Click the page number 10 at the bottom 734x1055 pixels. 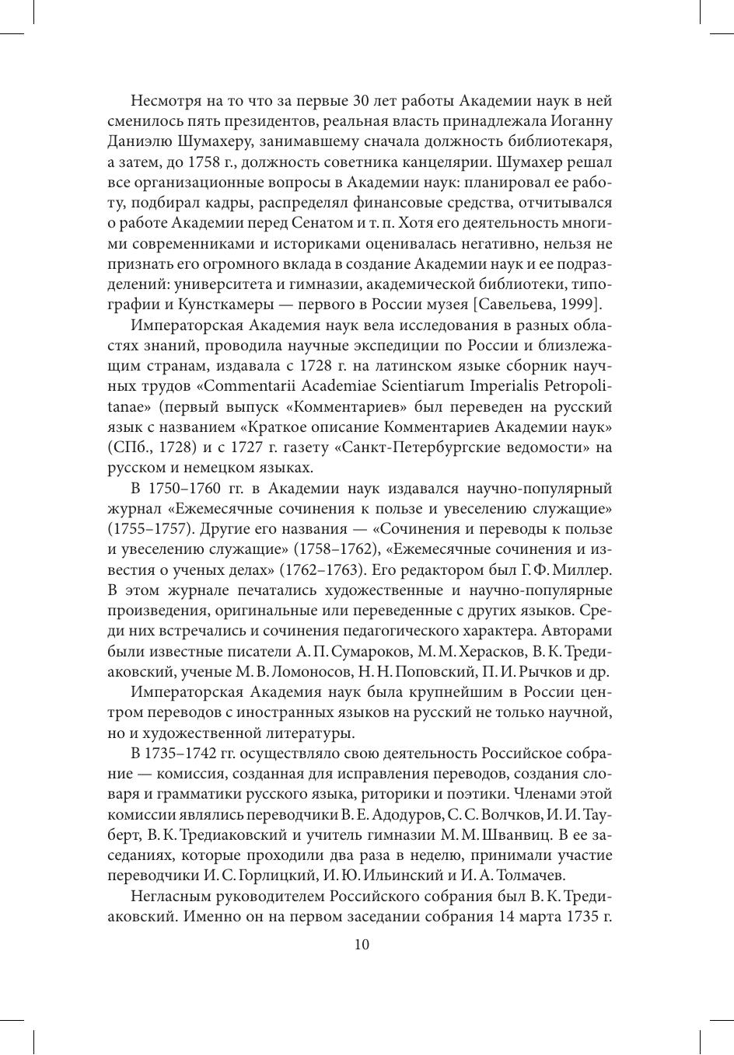pyautogui.click(x=361, y=945)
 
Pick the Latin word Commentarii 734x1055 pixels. pyautogui.click(x=257, y=385)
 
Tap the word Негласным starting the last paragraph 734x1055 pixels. pyautogui.click(x=171, y=896)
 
